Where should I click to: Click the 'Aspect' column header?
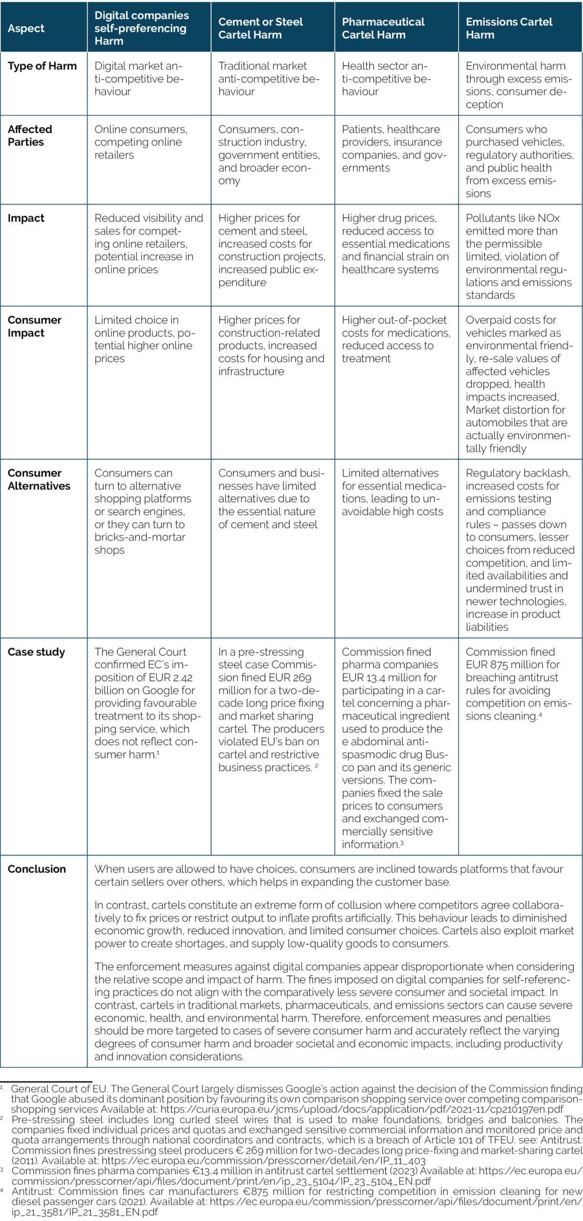(26, 28)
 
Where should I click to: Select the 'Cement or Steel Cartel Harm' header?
(260, 28)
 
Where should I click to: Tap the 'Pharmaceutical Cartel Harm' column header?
(383, 28)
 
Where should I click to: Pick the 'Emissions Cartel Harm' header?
(509, 28)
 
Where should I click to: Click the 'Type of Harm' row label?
(42, 66)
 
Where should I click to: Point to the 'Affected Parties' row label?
(30, 135)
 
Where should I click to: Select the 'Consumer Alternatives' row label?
(39, 479)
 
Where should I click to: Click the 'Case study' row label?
(36, 652)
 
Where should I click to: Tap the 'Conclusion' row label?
(37, 869)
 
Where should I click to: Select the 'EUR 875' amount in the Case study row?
(485, 664)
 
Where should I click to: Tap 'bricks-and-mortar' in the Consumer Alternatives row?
(140, 537)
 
